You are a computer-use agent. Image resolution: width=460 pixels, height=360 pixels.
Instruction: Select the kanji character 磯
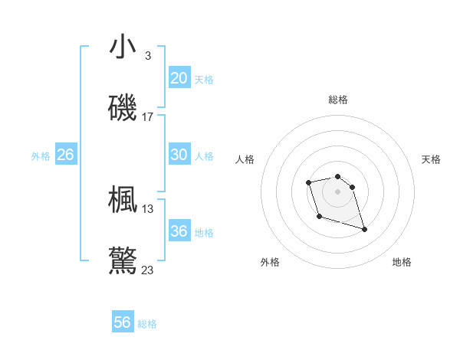[x=123, y=108]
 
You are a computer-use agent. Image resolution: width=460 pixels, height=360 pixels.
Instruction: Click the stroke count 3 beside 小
[x=147, y=55]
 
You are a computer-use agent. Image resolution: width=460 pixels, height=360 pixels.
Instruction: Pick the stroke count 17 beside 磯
[x=148, y=117]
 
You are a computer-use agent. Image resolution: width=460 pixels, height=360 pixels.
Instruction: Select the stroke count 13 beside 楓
[x=148, y=208]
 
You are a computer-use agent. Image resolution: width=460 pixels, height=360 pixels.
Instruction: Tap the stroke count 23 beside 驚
[x=148, y=270]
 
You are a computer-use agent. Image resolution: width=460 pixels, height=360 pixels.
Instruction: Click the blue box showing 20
[x=179, y=78]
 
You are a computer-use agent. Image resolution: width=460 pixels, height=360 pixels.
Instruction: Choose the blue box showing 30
[x=179, y=155]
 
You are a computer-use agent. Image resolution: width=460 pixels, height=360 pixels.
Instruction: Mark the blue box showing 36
[x=179, y=231]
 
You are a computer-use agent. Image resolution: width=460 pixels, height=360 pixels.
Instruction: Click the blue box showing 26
[x=65, y=155]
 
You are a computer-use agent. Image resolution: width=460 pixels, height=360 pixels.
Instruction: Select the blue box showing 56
[x=122, y=322]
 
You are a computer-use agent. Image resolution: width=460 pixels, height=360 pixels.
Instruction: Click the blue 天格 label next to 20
[x=203, y=80]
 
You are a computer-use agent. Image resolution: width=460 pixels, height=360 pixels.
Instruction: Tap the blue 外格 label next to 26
[x=41, y=156]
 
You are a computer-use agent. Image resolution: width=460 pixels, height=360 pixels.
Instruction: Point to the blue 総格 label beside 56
[x=147, y=324]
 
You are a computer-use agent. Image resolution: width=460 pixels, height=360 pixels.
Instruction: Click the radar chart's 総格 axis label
[x=337, y=100]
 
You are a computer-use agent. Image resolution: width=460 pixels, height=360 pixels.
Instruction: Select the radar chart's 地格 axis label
[x=402, y=262]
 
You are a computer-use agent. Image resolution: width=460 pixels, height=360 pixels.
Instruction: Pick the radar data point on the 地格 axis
[x=364, y=229]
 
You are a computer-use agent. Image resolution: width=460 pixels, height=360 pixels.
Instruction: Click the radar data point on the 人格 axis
[x=308, y=182]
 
